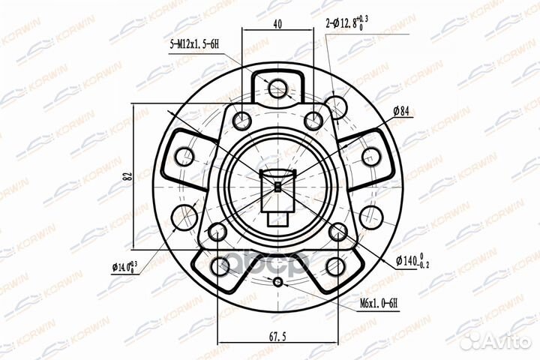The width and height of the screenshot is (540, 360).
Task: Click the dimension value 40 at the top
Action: pyautogui.click(x=278, y=24)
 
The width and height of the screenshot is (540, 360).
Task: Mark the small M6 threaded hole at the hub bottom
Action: pyautogui.click(x=278, y=283)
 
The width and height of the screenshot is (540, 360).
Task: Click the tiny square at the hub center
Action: pyautogui.click(x=278, y=187)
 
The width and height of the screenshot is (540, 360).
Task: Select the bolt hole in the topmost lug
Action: pyautogui.click(x=278, y=87)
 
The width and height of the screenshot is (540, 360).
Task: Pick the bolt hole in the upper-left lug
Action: pyautogui.click(x=184, y=157)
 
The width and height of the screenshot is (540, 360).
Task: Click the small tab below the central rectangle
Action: pyautogui.click(x=278, y=220)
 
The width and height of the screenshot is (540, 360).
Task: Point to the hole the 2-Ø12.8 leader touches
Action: pyautogui.click(x=337, y=109)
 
